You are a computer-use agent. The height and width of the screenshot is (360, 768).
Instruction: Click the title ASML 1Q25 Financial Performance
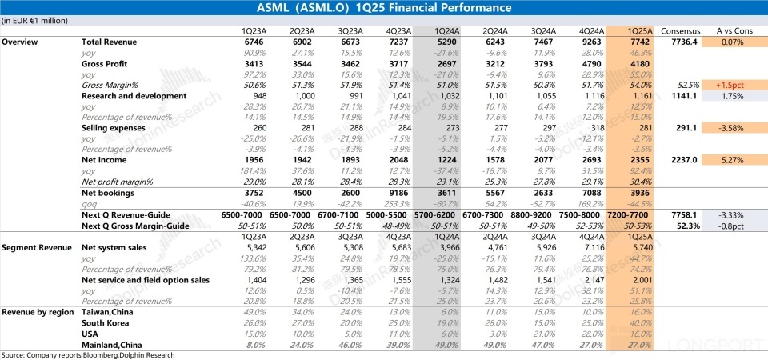[x=384, y=9]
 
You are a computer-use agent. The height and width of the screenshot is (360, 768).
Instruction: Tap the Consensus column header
[x=679, y=31]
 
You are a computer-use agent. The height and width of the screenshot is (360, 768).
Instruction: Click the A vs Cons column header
[x=731, y=31]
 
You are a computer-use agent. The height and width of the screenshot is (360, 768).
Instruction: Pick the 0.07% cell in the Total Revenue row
[x=731, y=41]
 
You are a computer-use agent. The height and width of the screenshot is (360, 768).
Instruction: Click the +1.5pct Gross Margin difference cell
[x=731, y=84]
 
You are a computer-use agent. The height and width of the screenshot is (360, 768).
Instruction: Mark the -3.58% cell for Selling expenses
[x=731, y=127]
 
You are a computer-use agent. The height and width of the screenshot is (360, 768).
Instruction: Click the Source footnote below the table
[x=88, y=354]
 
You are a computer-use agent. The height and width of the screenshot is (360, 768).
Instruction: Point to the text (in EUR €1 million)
[x=34, y=20]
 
